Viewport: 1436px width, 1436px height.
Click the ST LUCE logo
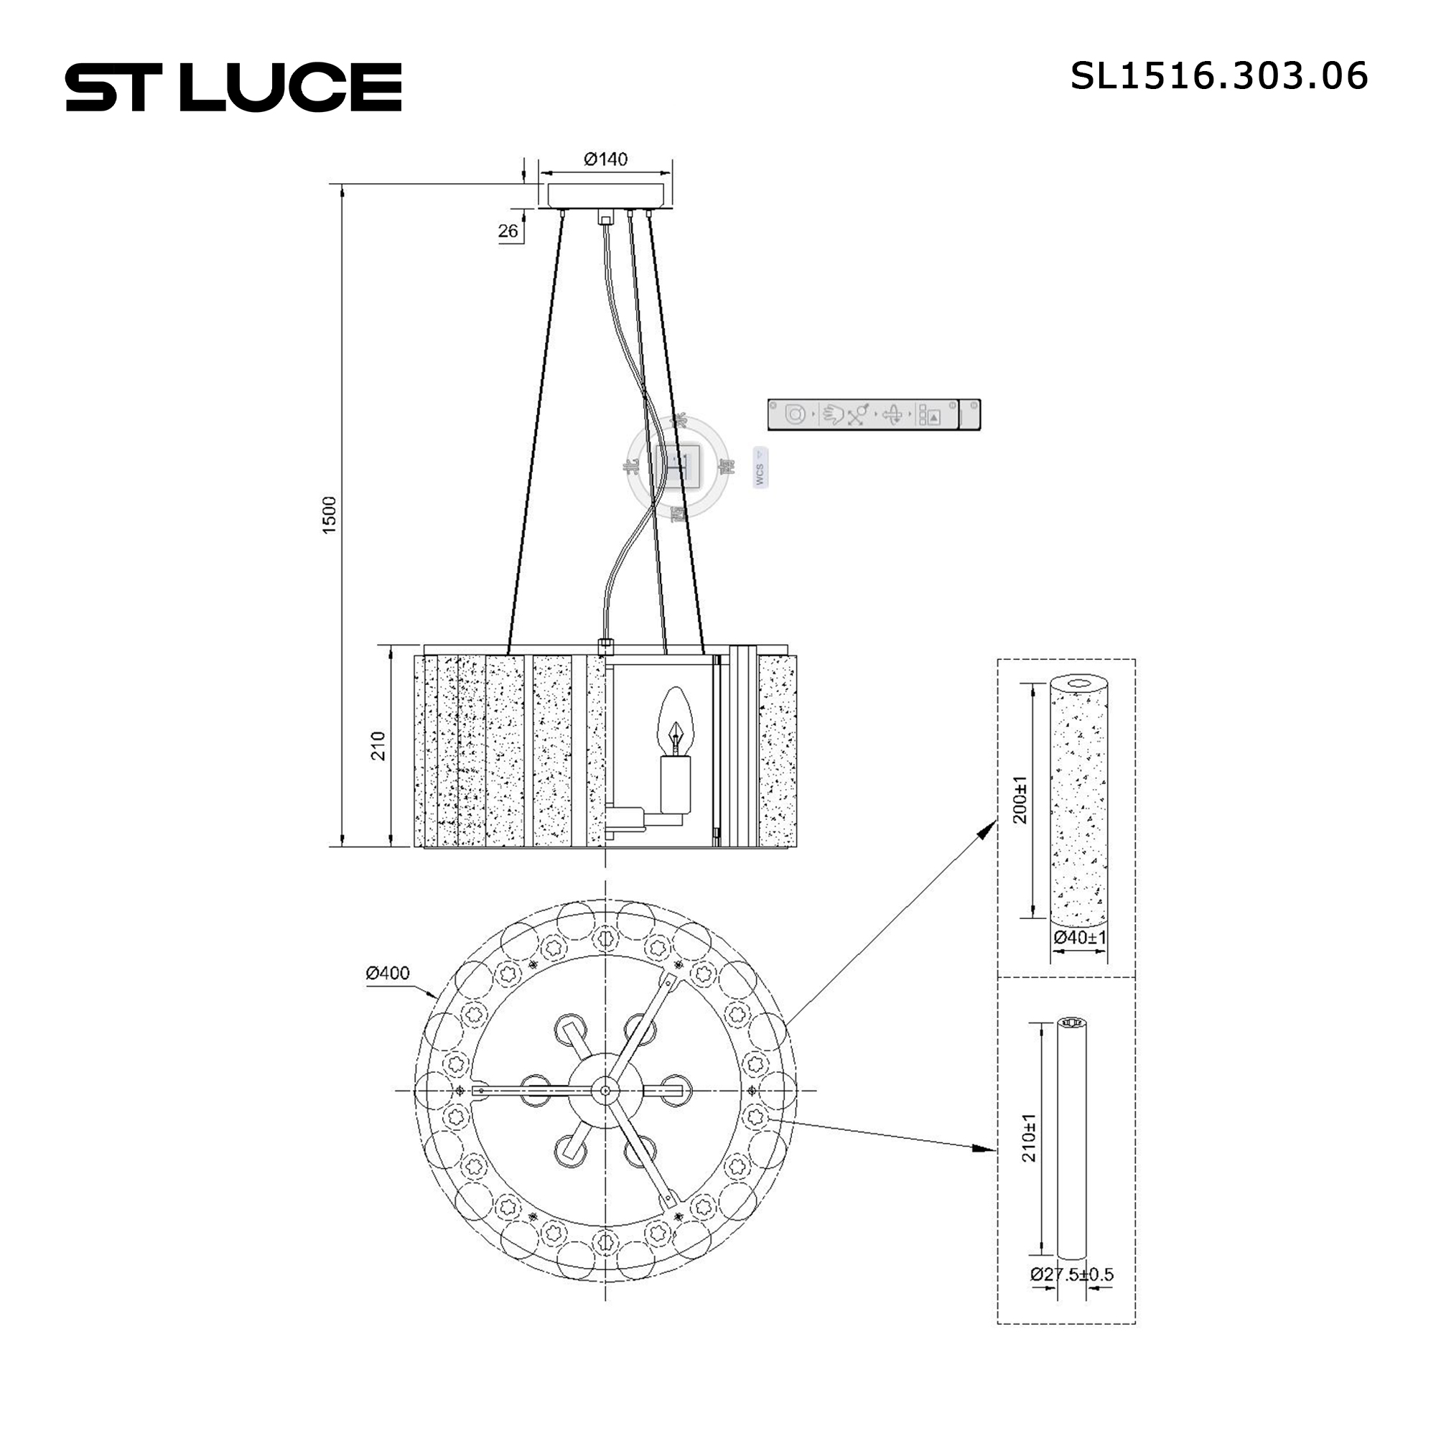point(233,88)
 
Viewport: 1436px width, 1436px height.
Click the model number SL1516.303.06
point(1218,76)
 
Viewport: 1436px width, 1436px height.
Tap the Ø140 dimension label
point(605,159)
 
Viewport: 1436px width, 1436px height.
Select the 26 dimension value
point(508,231)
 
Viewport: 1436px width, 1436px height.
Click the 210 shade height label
point(378,745)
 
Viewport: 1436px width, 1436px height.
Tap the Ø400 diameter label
point(387,973)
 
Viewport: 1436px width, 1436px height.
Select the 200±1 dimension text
point(1020,800)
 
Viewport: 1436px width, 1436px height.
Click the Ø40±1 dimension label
point(1079,937)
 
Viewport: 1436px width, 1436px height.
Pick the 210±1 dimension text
point(1029,1138)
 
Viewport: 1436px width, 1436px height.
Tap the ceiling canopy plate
point(607,195)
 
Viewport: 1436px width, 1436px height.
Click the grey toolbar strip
point(872,414)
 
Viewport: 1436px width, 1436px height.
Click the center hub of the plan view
point(606,1091)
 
